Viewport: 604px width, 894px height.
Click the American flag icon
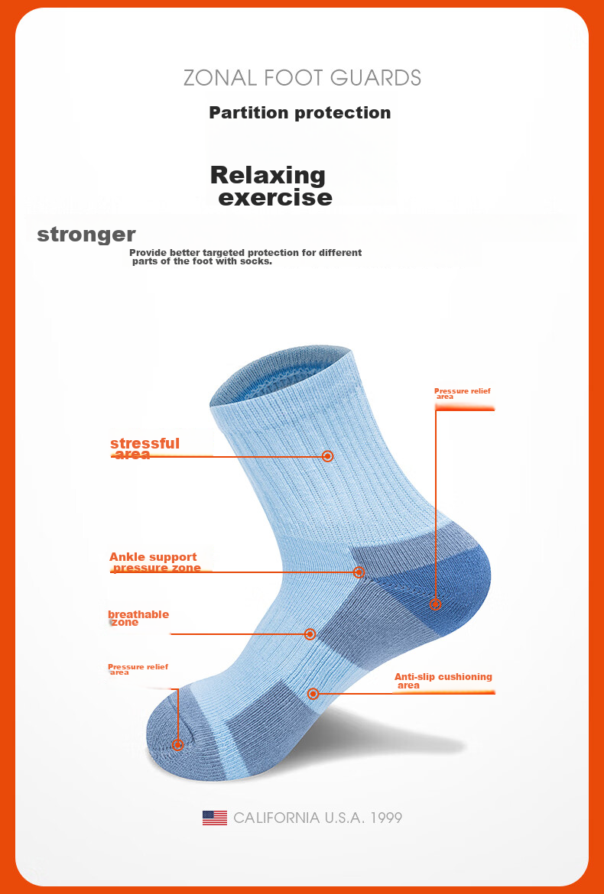214,818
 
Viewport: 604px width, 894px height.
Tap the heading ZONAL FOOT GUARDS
302,77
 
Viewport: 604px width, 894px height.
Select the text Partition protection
300,112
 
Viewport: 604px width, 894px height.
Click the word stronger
86,235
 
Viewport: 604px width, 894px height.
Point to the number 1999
386,818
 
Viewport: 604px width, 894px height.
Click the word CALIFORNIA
276,818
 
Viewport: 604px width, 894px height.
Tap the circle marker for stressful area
327,456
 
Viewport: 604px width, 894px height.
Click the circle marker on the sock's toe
178,745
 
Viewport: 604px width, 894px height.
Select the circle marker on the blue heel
435,604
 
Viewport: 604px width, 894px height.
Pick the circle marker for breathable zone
310,634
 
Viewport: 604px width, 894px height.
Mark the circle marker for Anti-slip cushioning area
313,693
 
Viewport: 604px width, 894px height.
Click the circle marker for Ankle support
359,572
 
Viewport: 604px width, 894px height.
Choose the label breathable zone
138,617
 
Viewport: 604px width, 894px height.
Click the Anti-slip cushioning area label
443,681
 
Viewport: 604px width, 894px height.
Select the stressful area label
145,448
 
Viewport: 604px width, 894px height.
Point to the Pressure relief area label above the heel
462,394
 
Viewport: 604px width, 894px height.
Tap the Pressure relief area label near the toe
138,669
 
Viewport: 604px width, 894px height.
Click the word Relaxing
268,175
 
